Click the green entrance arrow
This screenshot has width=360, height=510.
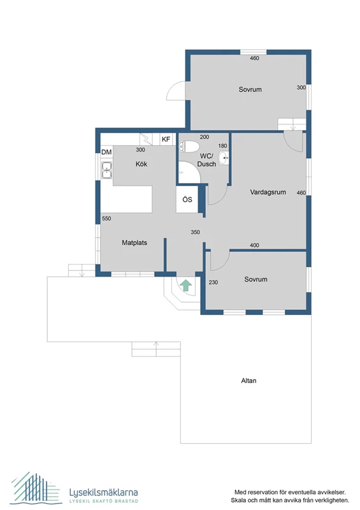[x=186, y=285]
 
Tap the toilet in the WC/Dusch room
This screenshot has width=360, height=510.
[x=189, y=147]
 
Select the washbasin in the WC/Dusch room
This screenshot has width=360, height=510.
[x=224, y=157]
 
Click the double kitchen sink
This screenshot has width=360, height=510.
[x=106, y=170]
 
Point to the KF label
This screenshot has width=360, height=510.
[x=166, y=139]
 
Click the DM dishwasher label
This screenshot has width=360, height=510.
[x=106, y=152]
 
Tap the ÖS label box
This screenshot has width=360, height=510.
[x=187, y=200]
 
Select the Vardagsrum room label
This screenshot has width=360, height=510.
[x=268, y=192]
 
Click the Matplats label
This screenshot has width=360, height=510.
[x=134, y=243]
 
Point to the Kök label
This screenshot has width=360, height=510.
[x=141, y=164]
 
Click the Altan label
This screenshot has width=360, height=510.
[x=248, y=381]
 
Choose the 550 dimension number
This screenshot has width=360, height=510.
[x=106, y=219]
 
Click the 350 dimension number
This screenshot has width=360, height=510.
[x=195, y=232]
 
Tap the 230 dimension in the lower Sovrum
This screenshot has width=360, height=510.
[x=213, y=282]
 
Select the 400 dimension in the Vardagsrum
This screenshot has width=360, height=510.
[x=254, y=245]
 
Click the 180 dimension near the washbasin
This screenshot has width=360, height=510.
[x=223, y=146]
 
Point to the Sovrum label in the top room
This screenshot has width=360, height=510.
[x=250, y=89]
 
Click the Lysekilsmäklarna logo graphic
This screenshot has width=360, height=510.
[x=35, y=488]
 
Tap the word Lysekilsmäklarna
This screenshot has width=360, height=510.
[x=103, y=492]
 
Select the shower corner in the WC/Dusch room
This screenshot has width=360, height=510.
[x=189, y=172]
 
